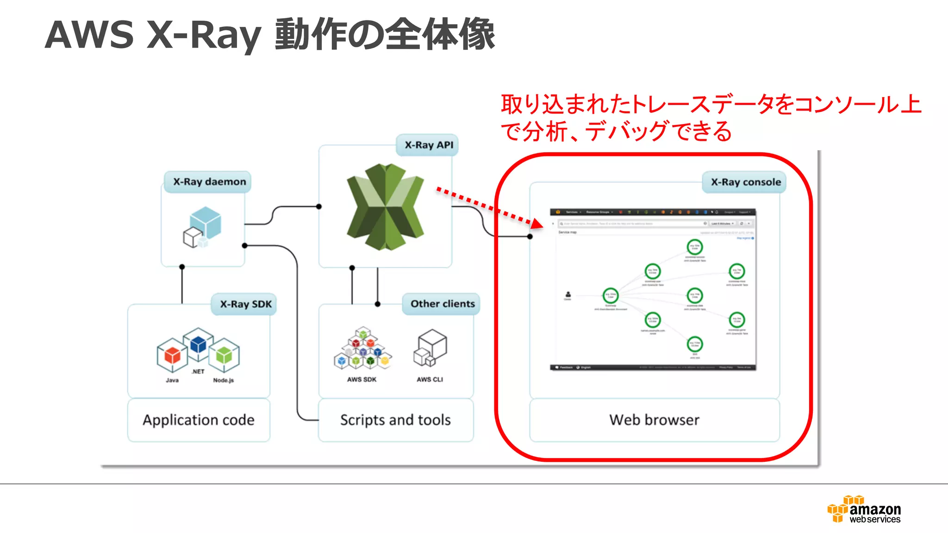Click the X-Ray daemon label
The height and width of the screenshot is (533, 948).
[209, 182]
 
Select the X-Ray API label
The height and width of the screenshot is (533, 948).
[429, 145]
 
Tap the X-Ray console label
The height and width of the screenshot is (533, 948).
[745, 182]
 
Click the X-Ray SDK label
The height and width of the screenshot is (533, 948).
[245, 304]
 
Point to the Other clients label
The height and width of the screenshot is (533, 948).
[442, 304]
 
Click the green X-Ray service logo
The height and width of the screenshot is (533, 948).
[385, 206]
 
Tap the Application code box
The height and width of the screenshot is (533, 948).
[199, 420]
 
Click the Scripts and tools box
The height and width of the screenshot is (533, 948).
[395, 420]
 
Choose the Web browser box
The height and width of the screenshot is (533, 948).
[654, 420]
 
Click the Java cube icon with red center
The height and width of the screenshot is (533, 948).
[172, 355]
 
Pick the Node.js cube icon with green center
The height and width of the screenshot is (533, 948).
[224, 355]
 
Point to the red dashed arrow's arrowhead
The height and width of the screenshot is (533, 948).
[537, 224]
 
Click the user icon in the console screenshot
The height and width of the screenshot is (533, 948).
[568, 294]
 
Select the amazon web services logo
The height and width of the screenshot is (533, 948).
[865, 509]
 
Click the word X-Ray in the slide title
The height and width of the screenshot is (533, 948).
[204, 35]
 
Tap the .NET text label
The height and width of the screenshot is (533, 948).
[198, 372]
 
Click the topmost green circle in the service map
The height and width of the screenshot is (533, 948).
[695, 247]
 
